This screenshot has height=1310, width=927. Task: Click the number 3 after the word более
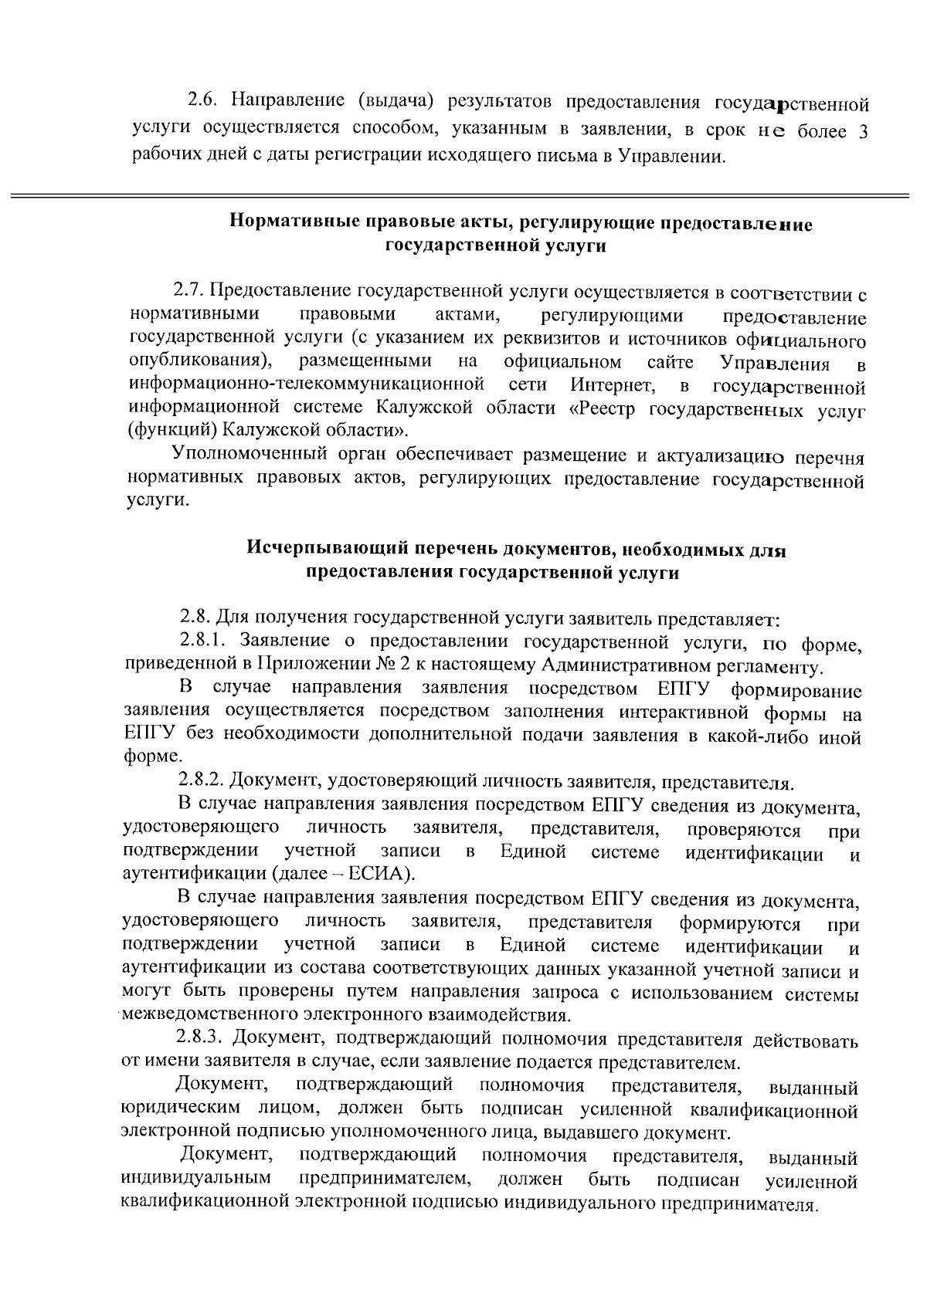pos(863,131)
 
